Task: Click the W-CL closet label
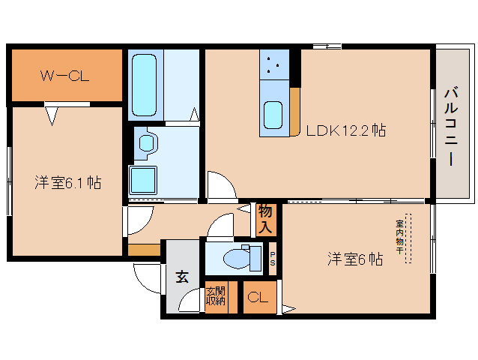(65, 76)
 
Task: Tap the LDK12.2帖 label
(345, 130)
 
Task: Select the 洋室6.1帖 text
(67, 182)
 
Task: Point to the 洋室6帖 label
(355, 259)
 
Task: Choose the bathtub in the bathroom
(144, 85)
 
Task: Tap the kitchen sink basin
(273, 115)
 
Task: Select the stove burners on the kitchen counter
(273, 64)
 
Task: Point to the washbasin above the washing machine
(147, 142)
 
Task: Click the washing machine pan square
(143, 180)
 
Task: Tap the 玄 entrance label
(182, 277)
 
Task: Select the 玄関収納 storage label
(216, 295)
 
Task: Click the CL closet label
(258, 297)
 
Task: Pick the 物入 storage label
(265, 220)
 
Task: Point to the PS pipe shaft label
(273, 259)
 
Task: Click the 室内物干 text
(399, 237)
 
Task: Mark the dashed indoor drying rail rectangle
(408, 238)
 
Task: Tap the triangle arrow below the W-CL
(52, 116)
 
